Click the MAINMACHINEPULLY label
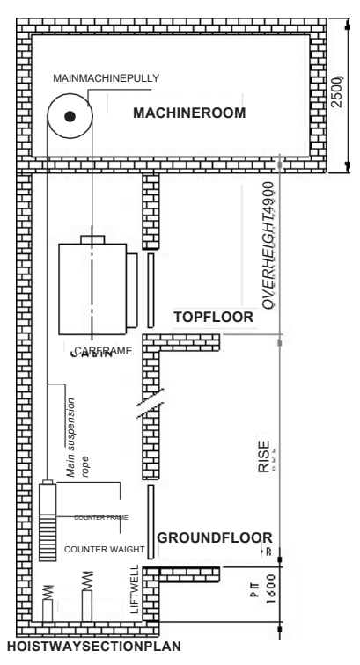(106, 78)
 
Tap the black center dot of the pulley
(70, 115)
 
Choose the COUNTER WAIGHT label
(99, 548)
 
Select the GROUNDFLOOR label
(213, 537)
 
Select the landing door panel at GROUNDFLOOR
(151, 520)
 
